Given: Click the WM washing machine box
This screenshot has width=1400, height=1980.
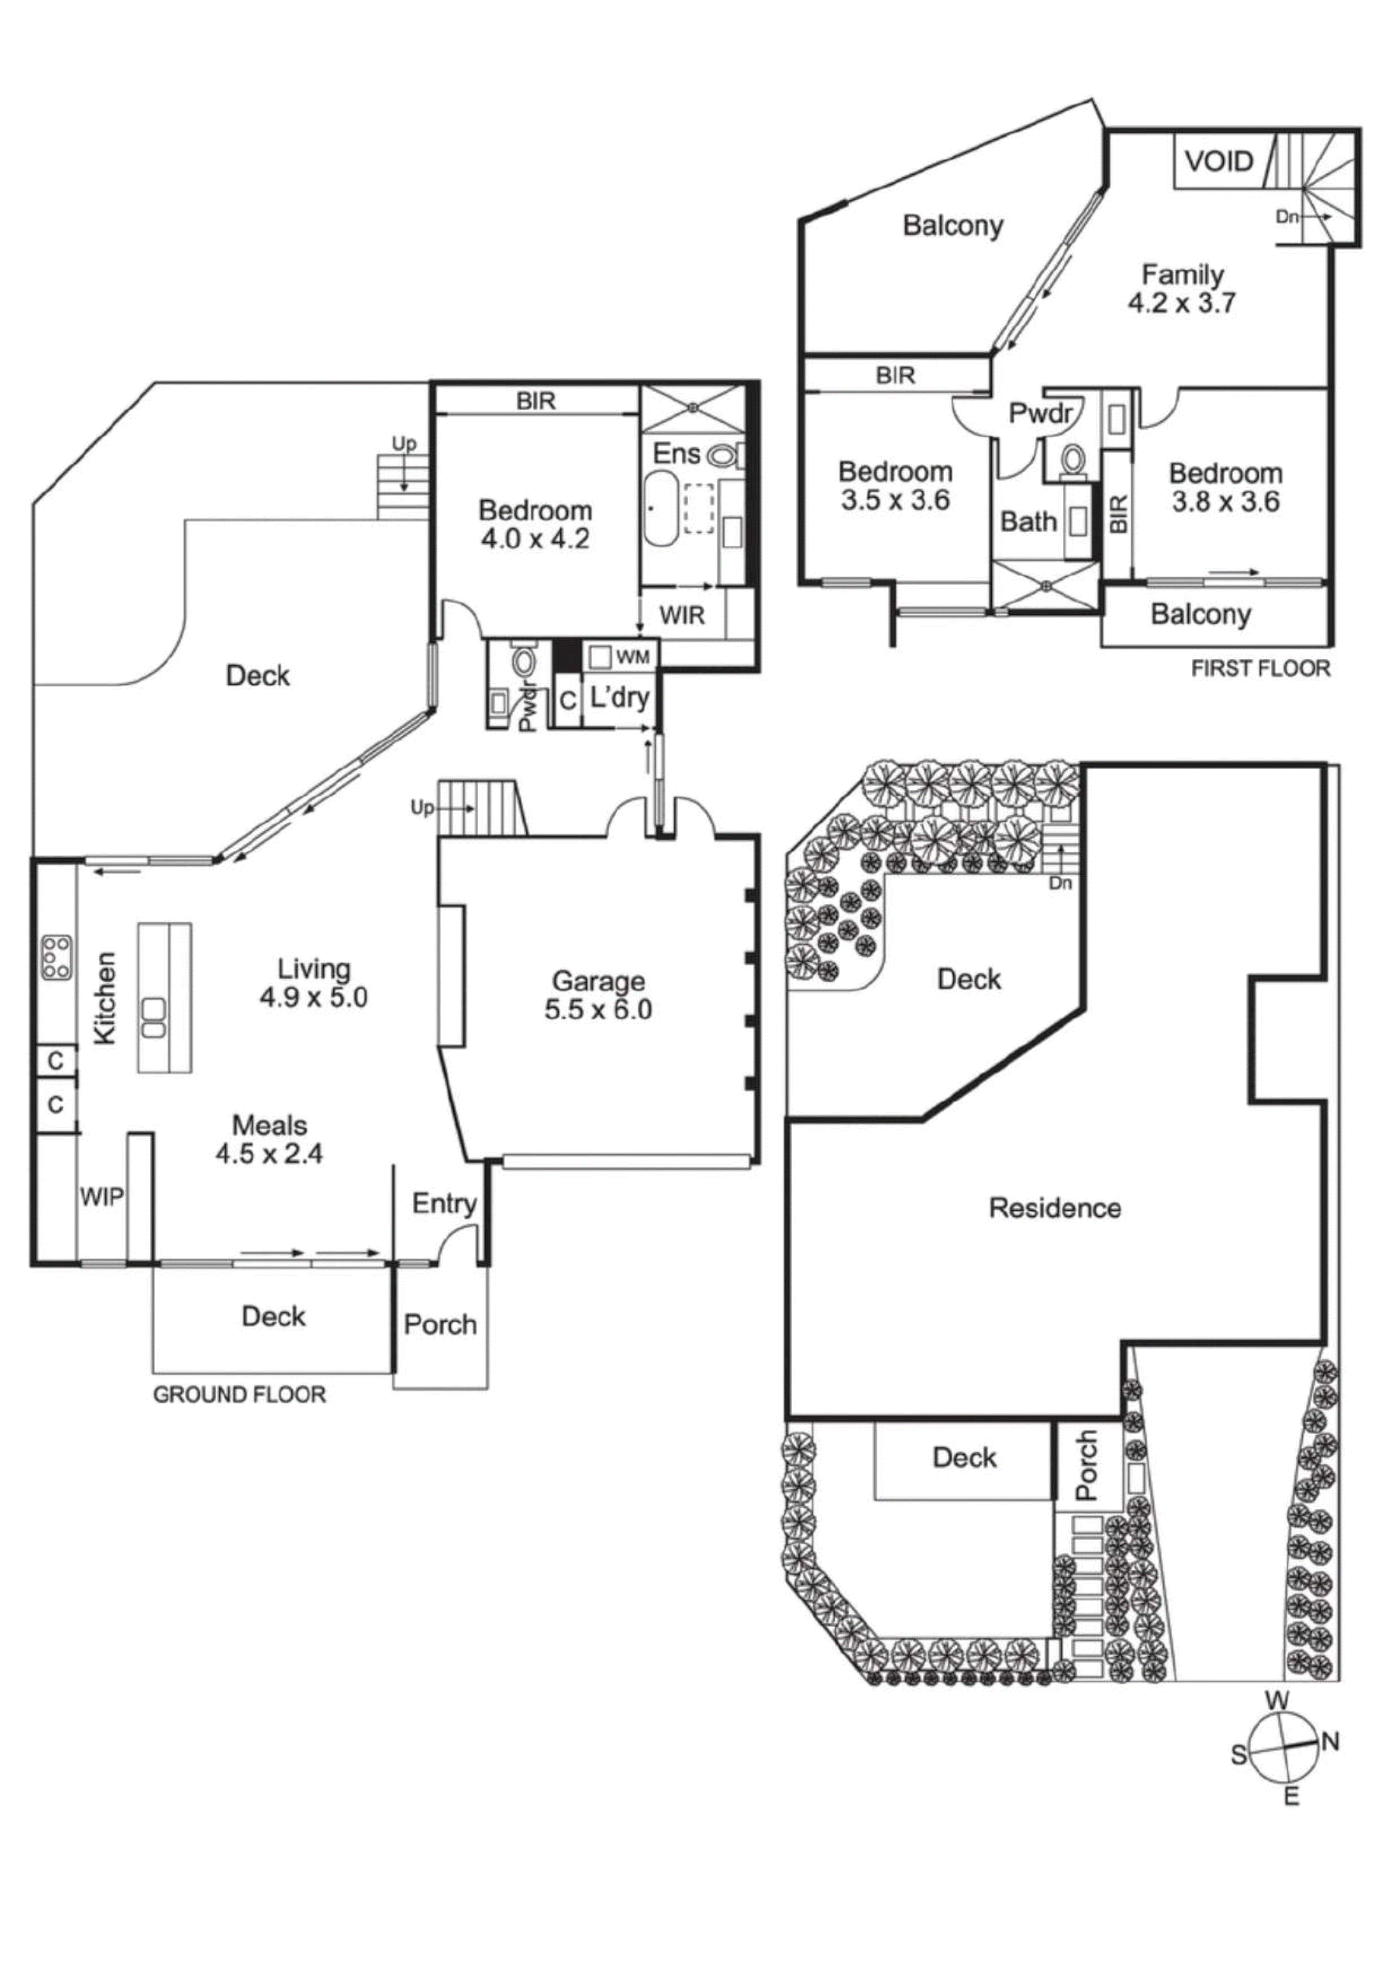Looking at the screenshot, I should tap(600, 657).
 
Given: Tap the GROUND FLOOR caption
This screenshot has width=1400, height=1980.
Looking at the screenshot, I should tap(239, 1395).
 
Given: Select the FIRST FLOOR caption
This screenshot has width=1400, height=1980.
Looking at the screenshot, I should tap(1261, 668).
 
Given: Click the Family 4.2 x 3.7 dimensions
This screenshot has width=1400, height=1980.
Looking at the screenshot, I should tap(1182, 303).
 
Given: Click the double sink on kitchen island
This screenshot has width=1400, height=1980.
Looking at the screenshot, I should tap(154, 1018).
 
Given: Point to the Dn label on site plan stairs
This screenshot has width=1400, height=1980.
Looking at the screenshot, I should tap(1060, 883).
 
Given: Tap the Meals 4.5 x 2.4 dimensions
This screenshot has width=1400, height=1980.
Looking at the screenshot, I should tap(269, 1154).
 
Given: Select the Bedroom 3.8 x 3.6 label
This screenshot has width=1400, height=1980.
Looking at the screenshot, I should tap(1225, 487).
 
